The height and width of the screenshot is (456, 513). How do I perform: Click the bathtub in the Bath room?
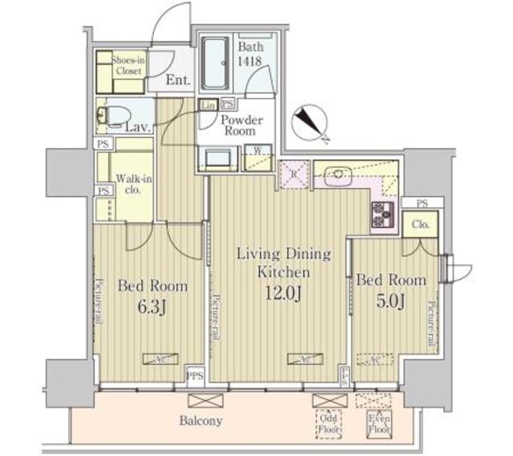(x=216, y=64)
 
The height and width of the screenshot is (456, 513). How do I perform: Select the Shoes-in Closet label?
(x=127, y=65)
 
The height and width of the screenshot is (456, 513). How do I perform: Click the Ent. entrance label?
(x=178, y=80)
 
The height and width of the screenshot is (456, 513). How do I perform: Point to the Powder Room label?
(x=242, y=126)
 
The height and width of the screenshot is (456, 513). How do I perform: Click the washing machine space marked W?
(x=259, y=151)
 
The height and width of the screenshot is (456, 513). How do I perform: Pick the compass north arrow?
(x=310, y=122)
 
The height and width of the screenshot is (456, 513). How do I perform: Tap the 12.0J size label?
(x=283, y=293)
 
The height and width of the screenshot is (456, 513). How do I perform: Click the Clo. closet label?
(x=421, y=225)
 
